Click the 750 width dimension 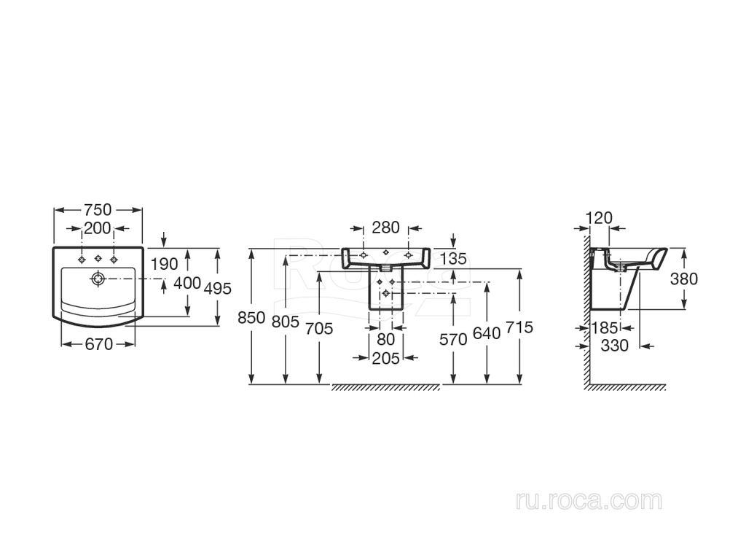point(98,209)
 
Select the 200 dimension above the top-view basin point(98,228)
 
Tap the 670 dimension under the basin point(98,344)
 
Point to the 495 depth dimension point(217,289)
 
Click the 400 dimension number point(187,283)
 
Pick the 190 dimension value point(163,262)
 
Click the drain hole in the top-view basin point(97,278)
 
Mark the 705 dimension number point(318,329)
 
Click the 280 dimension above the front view point(385,227)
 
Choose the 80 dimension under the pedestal point(386,339)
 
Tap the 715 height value point(519,327)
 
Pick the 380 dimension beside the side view point(684,279)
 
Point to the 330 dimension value point(614,346)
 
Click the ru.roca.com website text point(588,501)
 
